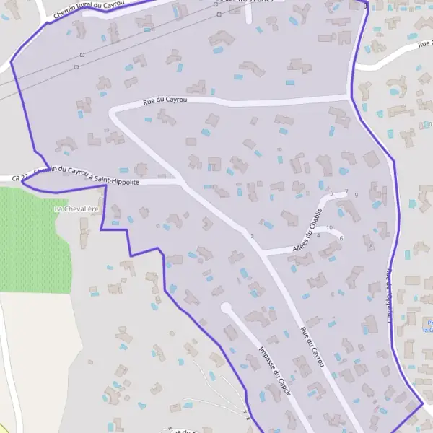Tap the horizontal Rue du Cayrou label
click(165, 100)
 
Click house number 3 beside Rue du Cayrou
click(252, 236)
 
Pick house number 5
click(331, 194)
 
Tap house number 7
click(346, 192)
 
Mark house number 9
click(357, 195)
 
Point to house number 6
click(341, 238)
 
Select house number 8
click(371, 246)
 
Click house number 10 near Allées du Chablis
click(329, 228)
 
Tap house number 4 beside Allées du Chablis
click(318, 236)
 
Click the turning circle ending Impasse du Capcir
click(226, 308)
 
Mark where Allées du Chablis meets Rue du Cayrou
click(264, 253)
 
